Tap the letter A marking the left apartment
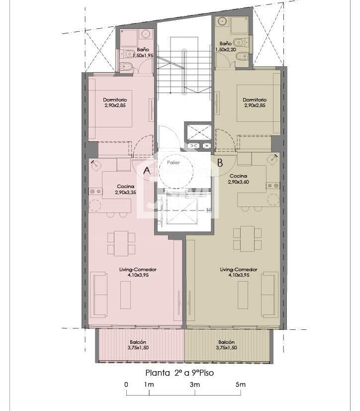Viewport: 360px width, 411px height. click(x=147, y=170)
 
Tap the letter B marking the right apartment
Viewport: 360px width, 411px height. click(x=220, y=162)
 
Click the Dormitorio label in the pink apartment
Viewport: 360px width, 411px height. click(x=115, y=103)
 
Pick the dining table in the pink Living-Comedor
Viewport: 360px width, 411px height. click(x=121, y=243)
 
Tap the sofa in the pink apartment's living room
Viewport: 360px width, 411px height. click(x=99, y=295)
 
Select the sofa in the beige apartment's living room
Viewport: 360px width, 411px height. click(x=270, y=295)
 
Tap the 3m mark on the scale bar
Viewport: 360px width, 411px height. click(x=194, y=384)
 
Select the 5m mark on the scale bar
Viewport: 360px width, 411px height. click(x=240, y=384)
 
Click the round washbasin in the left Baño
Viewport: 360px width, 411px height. click(x=146, y=34)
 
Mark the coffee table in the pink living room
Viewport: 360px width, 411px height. click(x=125, y=295)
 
